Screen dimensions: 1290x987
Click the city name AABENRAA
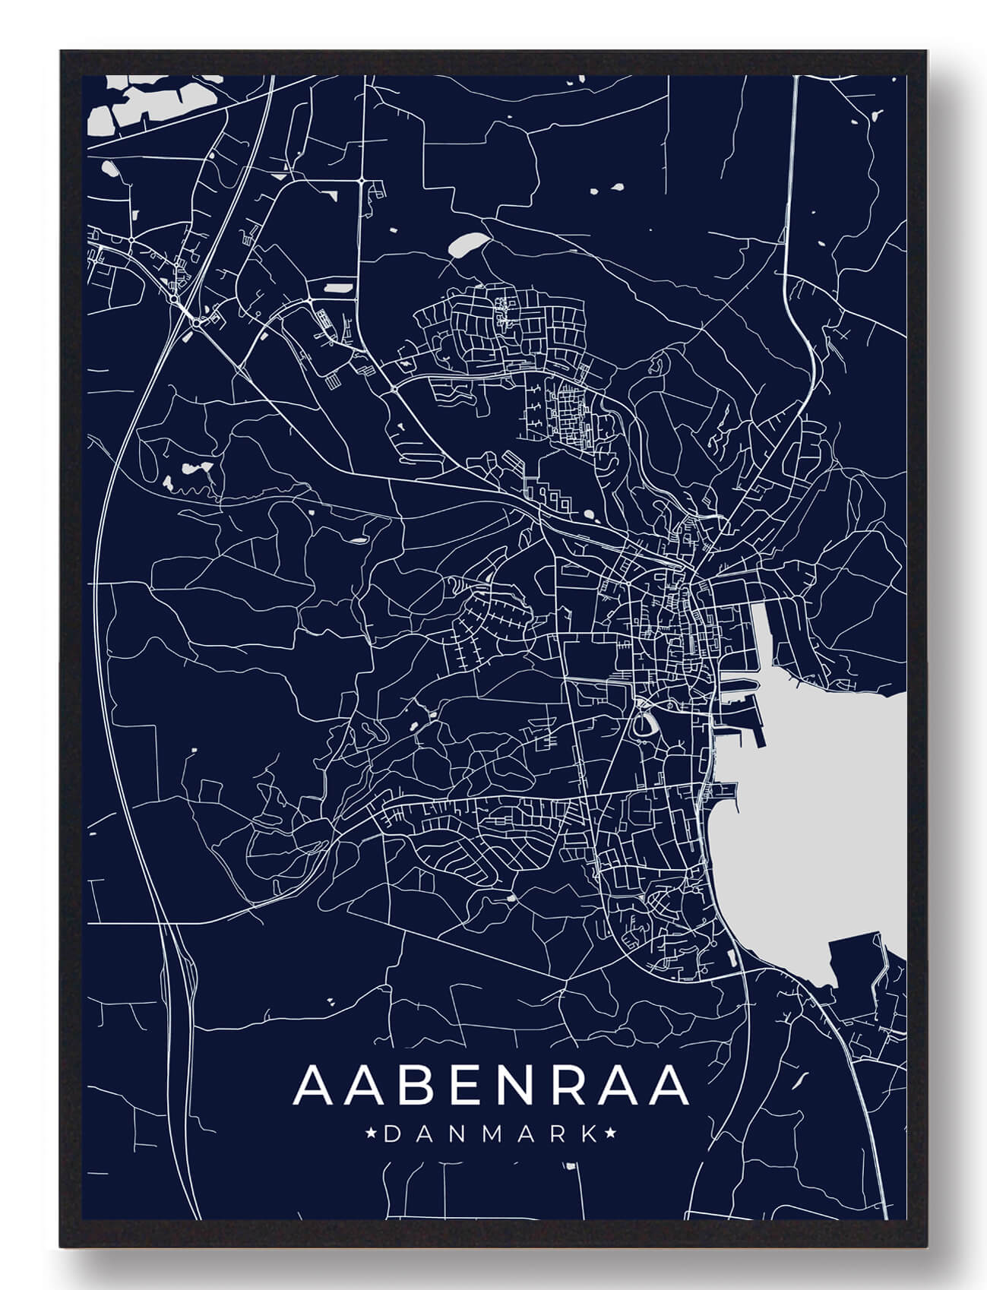(490, 1086)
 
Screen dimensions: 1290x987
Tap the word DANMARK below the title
(490, 1135)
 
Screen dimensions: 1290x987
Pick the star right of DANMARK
(610, 1135)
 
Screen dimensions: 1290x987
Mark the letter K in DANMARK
(588, 1135)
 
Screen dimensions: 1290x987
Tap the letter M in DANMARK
(490, 1135)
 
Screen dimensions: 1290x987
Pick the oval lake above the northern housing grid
(466, 244)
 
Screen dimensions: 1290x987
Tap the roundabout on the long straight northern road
(363, 181)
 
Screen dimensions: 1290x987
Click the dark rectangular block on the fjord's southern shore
(851, 961)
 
